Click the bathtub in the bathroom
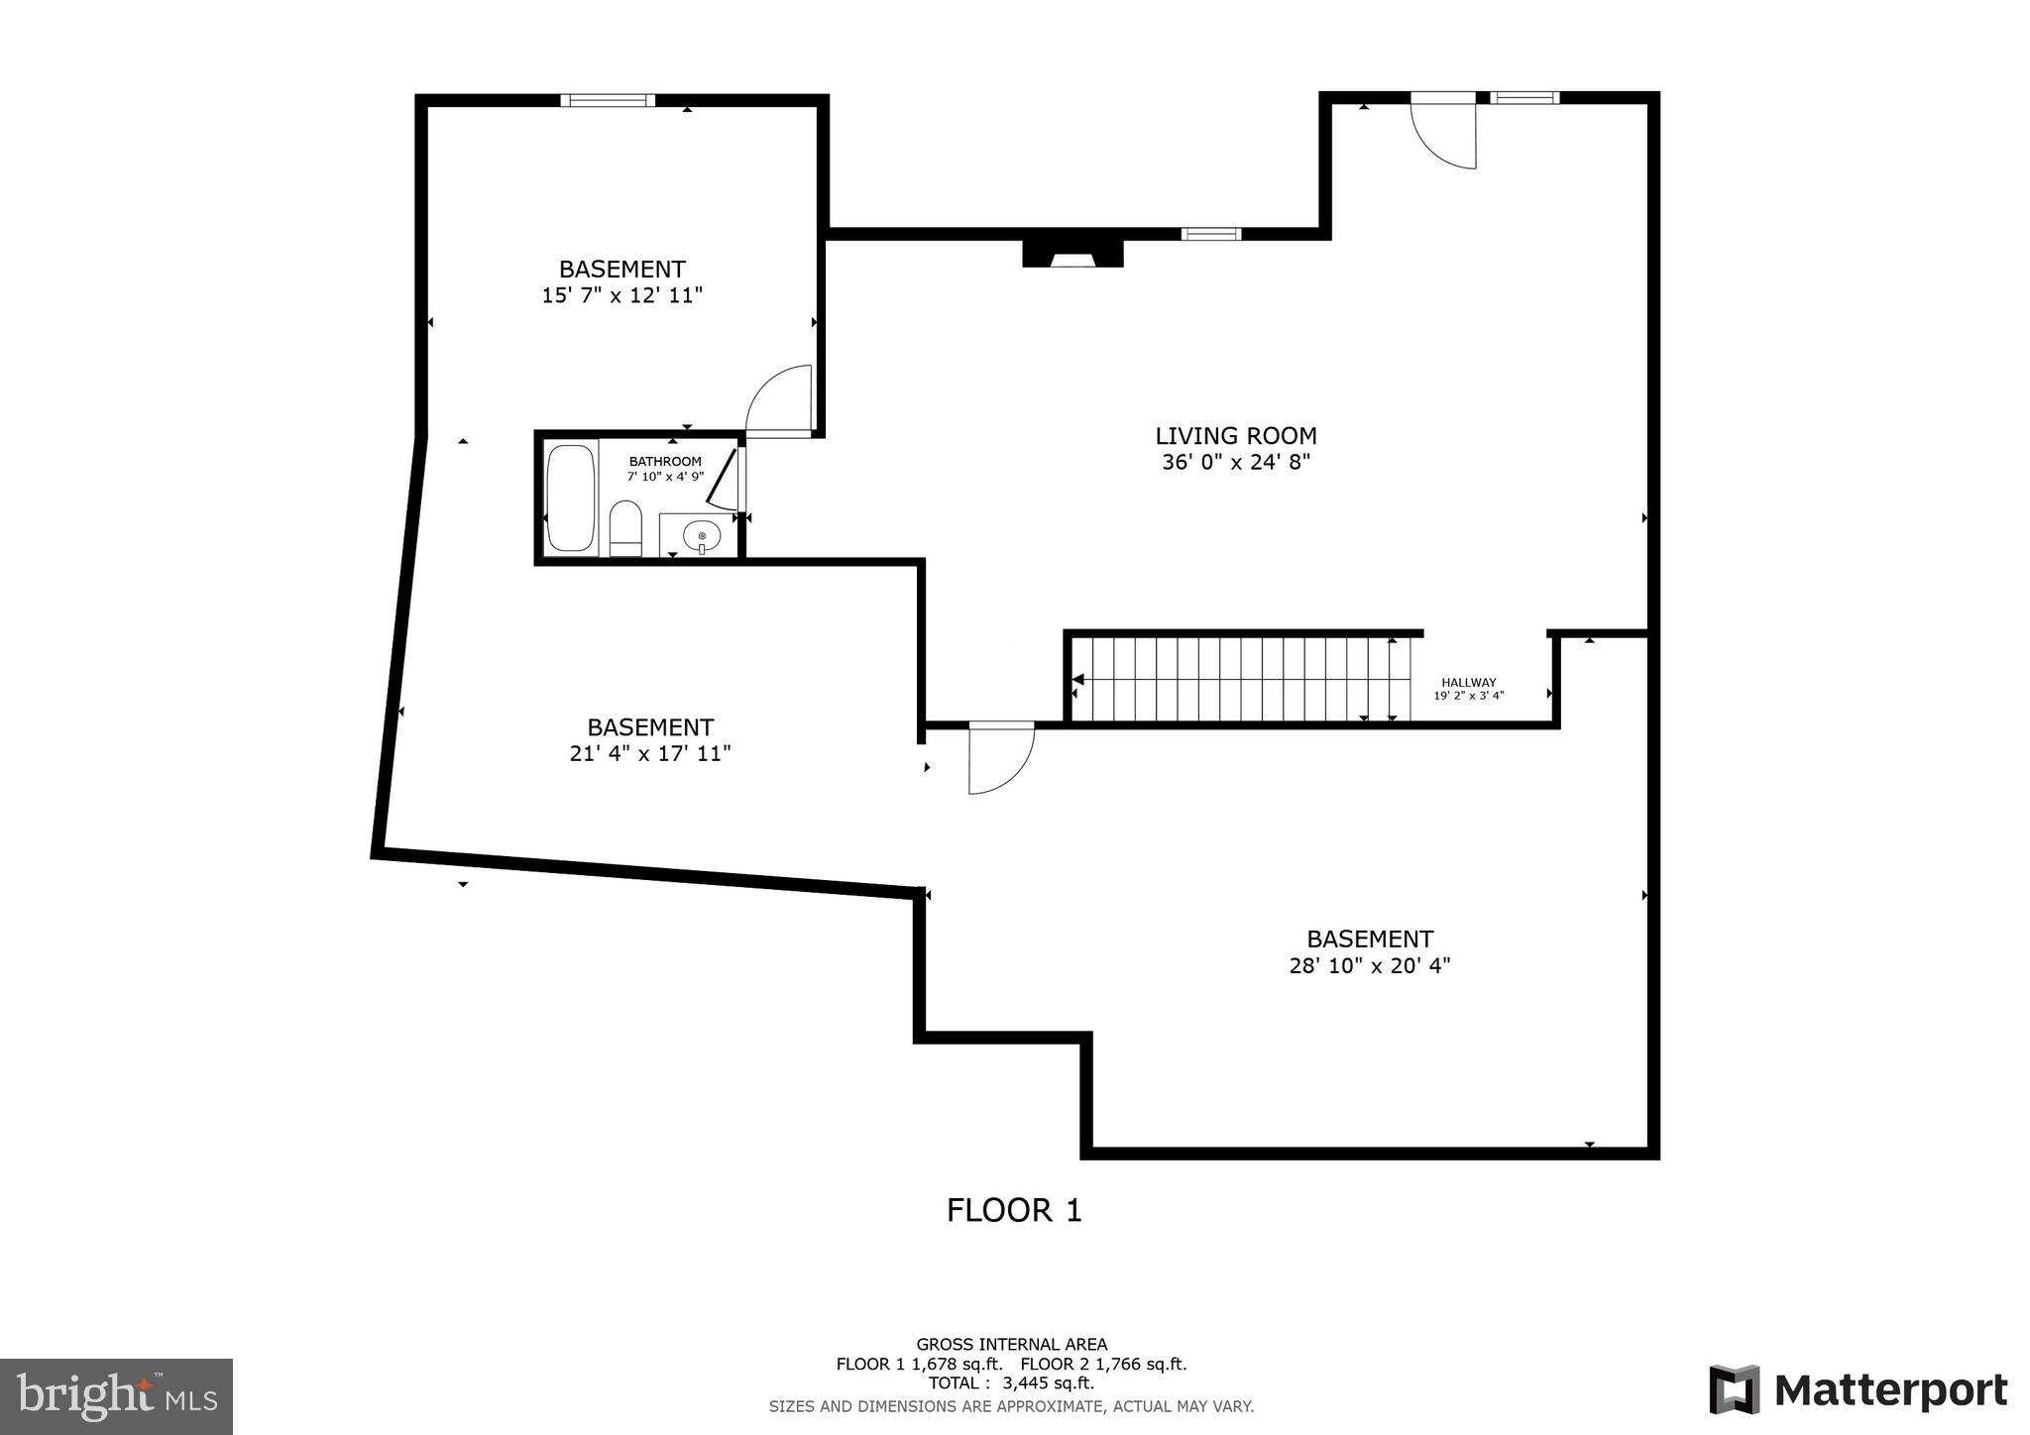tap(571, 498)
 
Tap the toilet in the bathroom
tap(625, 529)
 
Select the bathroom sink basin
tap(702, 536)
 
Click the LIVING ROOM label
tap(1235, 436)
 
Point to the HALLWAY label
tap(1468, 683)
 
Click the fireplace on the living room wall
tap(1072, 254)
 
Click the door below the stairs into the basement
tap(1000, 758)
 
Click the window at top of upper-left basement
tap(608, 100)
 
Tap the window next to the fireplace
tap(1210, 235)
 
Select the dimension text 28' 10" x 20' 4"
tap(1369, 965)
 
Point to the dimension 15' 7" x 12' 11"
tap(621, 295)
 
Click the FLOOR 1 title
tap(1013, 1210)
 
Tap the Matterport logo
tap(1857, 1389)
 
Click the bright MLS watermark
tap(116, 1396)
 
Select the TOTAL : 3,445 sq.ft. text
tap(1011, 1383)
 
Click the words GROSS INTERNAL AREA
tap(1011, 1345)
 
